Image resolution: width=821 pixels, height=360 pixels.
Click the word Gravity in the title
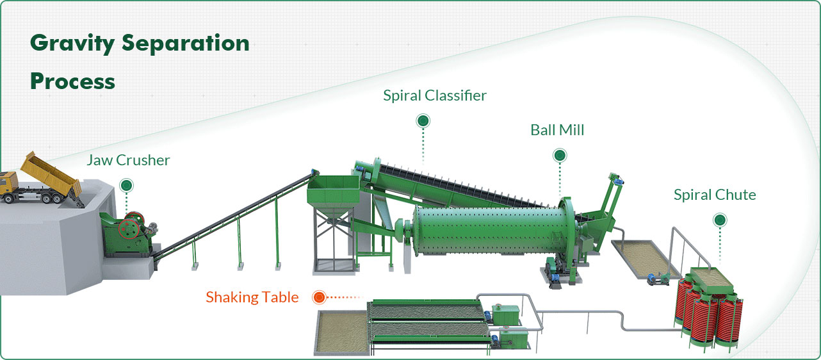click(x=72, y=44)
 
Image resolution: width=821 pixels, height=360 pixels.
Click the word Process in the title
click(x=72, y=81)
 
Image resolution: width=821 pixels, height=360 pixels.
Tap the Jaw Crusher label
click(x=128, y=160)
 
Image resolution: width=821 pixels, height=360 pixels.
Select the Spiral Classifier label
click(x=435, y=95)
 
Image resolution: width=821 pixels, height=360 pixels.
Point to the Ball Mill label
click(x=557, y=130)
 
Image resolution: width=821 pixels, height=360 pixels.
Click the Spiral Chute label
click(x=715, y=195)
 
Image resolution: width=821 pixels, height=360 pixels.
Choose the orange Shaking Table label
click(x=252, y=297)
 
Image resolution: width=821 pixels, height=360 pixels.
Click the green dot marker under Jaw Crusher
click(x=126, y=186)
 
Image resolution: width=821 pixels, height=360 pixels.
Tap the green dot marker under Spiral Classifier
click(x=423, y=120)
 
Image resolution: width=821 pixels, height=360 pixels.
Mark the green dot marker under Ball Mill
click(x=560, y=156)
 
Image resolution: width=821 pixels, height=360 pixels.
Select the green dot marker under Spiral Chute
click(x=720, y=220)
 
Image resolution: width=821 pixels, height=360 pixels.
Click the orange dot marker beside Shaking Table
click(x=319, y=297)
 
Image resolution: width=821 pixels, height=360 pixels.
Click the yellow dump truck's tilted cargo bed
click(x=51, y=174)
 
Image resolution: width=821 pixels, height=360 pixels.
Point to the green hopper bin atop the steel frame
click(x=334, y=194)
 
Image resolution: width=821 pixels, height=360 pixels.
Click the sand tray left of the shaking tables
click(x=341, y=333)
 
